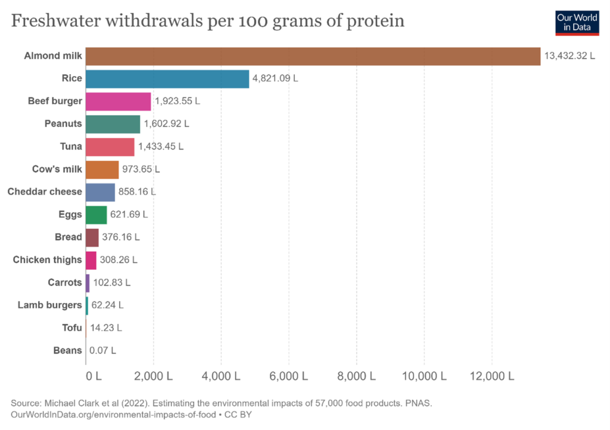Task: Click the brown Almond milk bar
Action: (x=313, y=56)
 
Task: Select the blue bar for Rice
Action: (x=167, y=79)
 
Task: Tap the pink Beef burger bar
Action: (x=118, y=101)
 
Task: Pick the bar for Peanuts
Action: (x=113, y=124)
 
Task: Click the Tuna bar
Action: (x=110, y=147)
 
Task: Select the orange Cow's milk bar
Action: (x=102, y=169)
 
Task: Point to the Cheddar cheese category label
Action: (x=45, y=192)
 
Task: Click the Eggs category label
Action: (x=70, y=214)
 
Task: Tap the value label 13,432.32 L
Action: (x=569, y=56)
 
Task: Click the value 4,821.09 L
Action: (x=275, y=79)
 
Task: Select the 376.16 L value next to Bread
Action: (x=121, y=237)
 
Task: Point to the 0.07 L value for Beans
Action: (x=102, y=350)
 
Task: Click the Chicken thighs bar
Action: (x=91, y=260)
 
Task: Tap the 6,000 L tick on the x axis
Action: (x=288, y=376)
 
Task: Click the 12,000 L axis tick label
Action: (x=491, y=376)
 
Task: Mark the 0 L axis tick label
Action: (x=94, y=376)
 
